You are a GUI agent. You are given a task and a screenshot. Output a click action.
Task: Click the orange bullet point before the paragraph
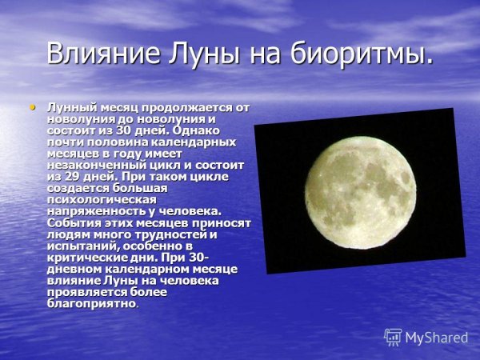33,106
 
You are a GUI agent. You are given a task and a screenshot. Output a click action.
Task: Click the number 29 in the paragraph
73,176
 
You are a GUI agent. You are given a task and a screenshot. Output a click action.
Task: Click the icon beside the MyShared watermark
393,337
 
